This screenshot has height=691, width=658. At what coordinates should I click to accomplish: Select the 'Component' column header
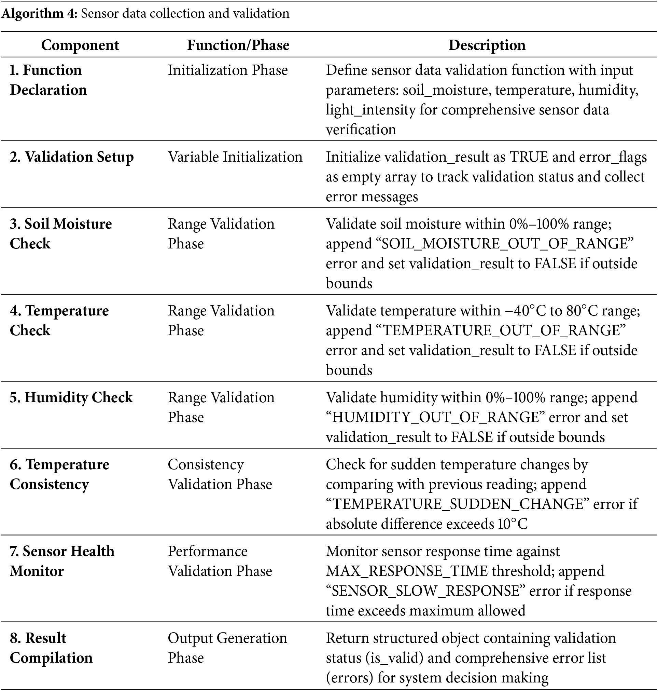click(80, 45)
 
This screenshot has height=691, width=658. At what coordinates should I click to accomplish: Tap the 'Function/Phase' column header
click(238, 45)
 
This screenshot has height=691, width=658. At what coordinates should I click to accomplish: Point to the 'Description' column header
click(487, 45)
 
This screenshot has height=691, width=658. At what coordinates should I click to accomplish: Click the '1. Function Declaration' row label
click(48, 80)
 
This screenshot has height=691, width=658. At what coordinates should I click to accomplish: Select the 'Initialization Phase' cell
click(228, 70)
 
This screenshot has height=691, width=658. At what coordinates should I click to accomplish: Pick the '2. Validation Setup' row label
click(72, 157)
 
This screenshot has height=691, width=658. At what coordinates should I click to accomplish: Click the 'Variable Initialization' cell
click(235, 157)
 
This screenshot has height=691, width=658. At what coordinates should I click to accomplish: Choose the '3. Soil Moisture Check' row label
click(60, 234)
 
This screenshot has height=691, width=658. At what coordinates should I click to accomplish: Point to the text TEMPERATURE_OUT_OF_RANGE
click(501, 330)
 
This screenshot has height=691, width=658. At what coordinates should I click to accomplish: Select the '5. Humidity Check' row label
click(71, 397)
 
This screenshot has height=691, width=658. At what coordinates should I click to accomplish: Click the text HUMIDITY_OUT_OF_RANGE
click(435, 418)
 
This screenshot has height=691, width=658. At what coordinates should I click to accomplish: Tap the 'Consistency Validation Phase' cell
click(220, 474)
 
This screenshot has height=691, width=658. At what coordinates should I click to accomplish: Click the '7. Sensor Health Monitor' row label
click(62, 561)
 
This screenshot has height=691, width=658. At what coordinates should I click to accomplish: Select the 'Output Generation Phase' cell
click(227, 648)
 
